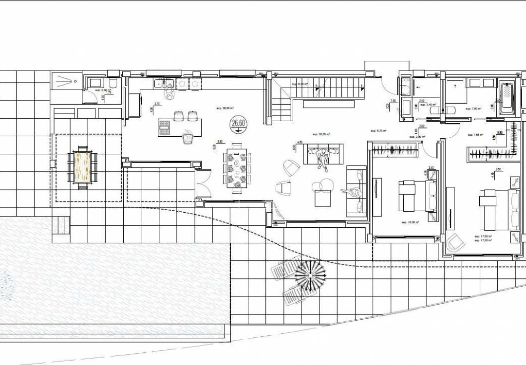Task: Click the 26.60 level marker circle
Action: [x=238, y=124]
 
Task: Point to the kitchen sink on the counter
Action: [x=160, y=84]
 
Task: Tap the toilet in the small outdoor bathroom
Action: [x=112, y=83]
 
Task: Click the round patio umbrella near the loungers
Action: [x=309, y=275]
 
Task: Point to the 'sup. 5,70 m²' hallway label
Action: [x=378, y=130]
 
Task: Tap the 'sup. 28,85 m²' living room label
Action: [x=321, y=134]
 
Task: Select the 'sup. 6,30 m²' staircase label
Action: [x=301, y=84]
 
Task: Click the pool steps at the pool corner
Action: [x=61, y=226]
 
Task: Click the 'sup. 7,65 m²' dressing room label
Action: [x=481, y=135]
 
